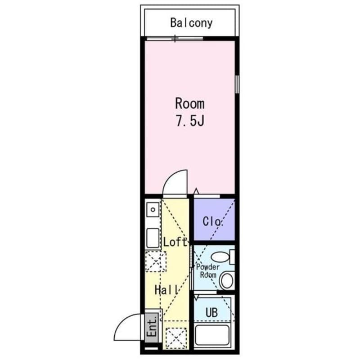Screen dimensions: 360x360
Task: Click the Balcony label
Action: coord(191,22)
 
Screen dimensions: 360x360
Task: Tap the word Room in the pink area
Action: coord(189,103)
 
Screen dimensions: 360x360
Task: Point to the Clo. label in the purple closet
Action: coord(213,221)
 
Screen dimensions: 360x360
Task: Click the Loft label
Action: coord(175,242)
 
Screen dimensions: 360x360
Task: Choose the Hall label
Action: coord(166,290)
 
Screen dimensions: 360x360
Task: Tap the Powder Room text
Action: coord(207,271)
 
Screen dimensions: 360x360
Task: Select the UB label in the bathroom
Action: coord(212,312)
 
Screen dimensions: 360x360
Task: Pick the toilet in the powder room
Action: coord(226,281)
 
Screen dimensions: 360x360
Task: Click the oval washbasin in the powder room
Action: coord(220,257)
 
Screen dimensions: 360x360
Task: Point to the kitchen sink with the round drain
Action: coord(153,210)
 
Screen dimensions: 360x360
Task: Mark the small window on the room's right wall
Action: coord(237,83)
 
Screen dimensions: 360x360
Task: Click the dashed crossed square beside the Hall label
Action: coord(156,261)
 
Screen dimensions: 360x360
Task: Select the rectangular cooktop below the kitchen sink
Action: coord(153,238)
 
